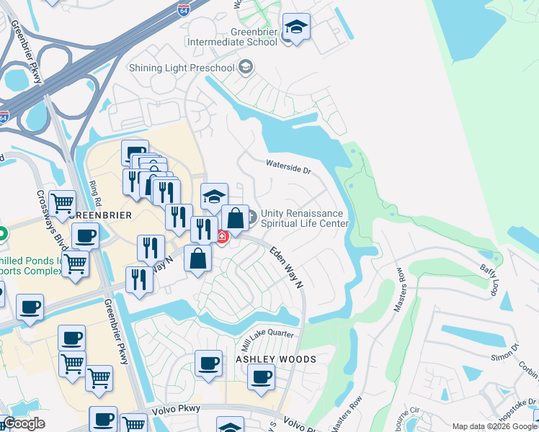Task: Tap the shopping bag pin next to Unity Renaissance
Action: (x=235, y=218)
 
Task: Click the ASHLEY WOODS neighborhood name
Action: (x=276, y=359)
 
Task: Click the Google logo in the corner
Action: (x=24, y=423)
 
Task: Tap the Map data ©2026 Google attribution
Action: (x=494, y=426)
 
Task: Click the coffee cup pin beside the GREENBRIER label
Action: (x=85, y=237)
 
